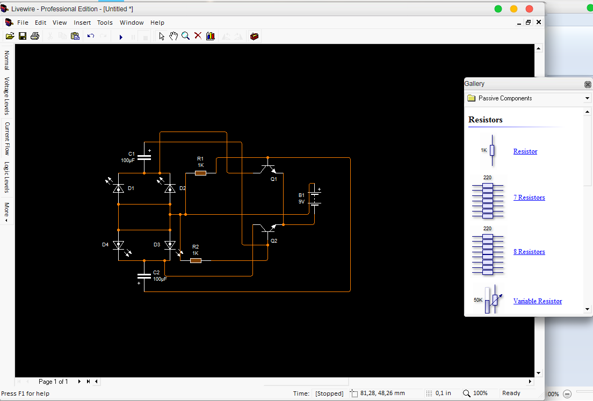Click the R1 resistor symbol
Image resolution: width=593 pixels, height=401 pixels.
[200, 173]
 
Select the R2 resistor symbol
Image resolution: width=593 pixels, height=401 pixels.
[196, 260]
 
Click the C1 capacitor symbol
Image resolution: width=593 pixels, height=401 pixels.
[144, 158]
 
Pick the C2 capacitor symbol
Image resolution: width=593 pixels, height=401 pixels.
[144, 276]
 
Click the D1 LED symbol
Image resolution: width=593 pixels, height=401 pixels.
[118, 188]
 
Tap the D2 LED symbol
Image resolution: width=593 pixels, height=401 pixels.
[170, 188]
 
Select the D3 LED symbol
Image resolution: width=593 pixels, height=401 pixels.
[170, 245]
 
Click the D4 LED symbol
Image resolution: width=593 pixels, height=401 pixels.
[118, 245]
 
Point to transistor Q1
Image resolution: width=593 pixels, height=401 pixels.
[267, 169]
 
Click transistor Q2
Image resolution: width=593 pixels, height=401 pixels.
[267, 229]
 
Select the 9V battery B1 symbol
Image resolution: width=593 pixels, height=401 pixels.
[315, 199]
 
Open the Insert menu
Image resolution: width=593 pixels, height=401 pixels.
[82, 23]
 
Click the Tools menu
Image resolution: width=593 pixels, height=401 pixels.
[105, 23]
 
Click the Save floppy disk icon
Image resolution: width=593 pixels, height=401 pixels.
[23, 36]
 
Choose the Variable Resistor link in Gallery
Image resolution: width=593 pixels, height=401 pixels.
[537, 301]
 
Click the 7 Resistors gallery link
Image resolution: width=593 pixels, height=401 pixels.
[529, 198]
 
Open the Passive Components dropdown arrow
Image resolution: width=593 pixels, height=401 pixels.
[587, 99]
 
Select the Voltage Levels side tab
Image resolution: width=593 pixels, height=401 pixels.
[7, 96]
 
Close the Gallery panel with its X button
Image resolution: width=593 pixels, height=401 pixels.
[588, 84]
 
